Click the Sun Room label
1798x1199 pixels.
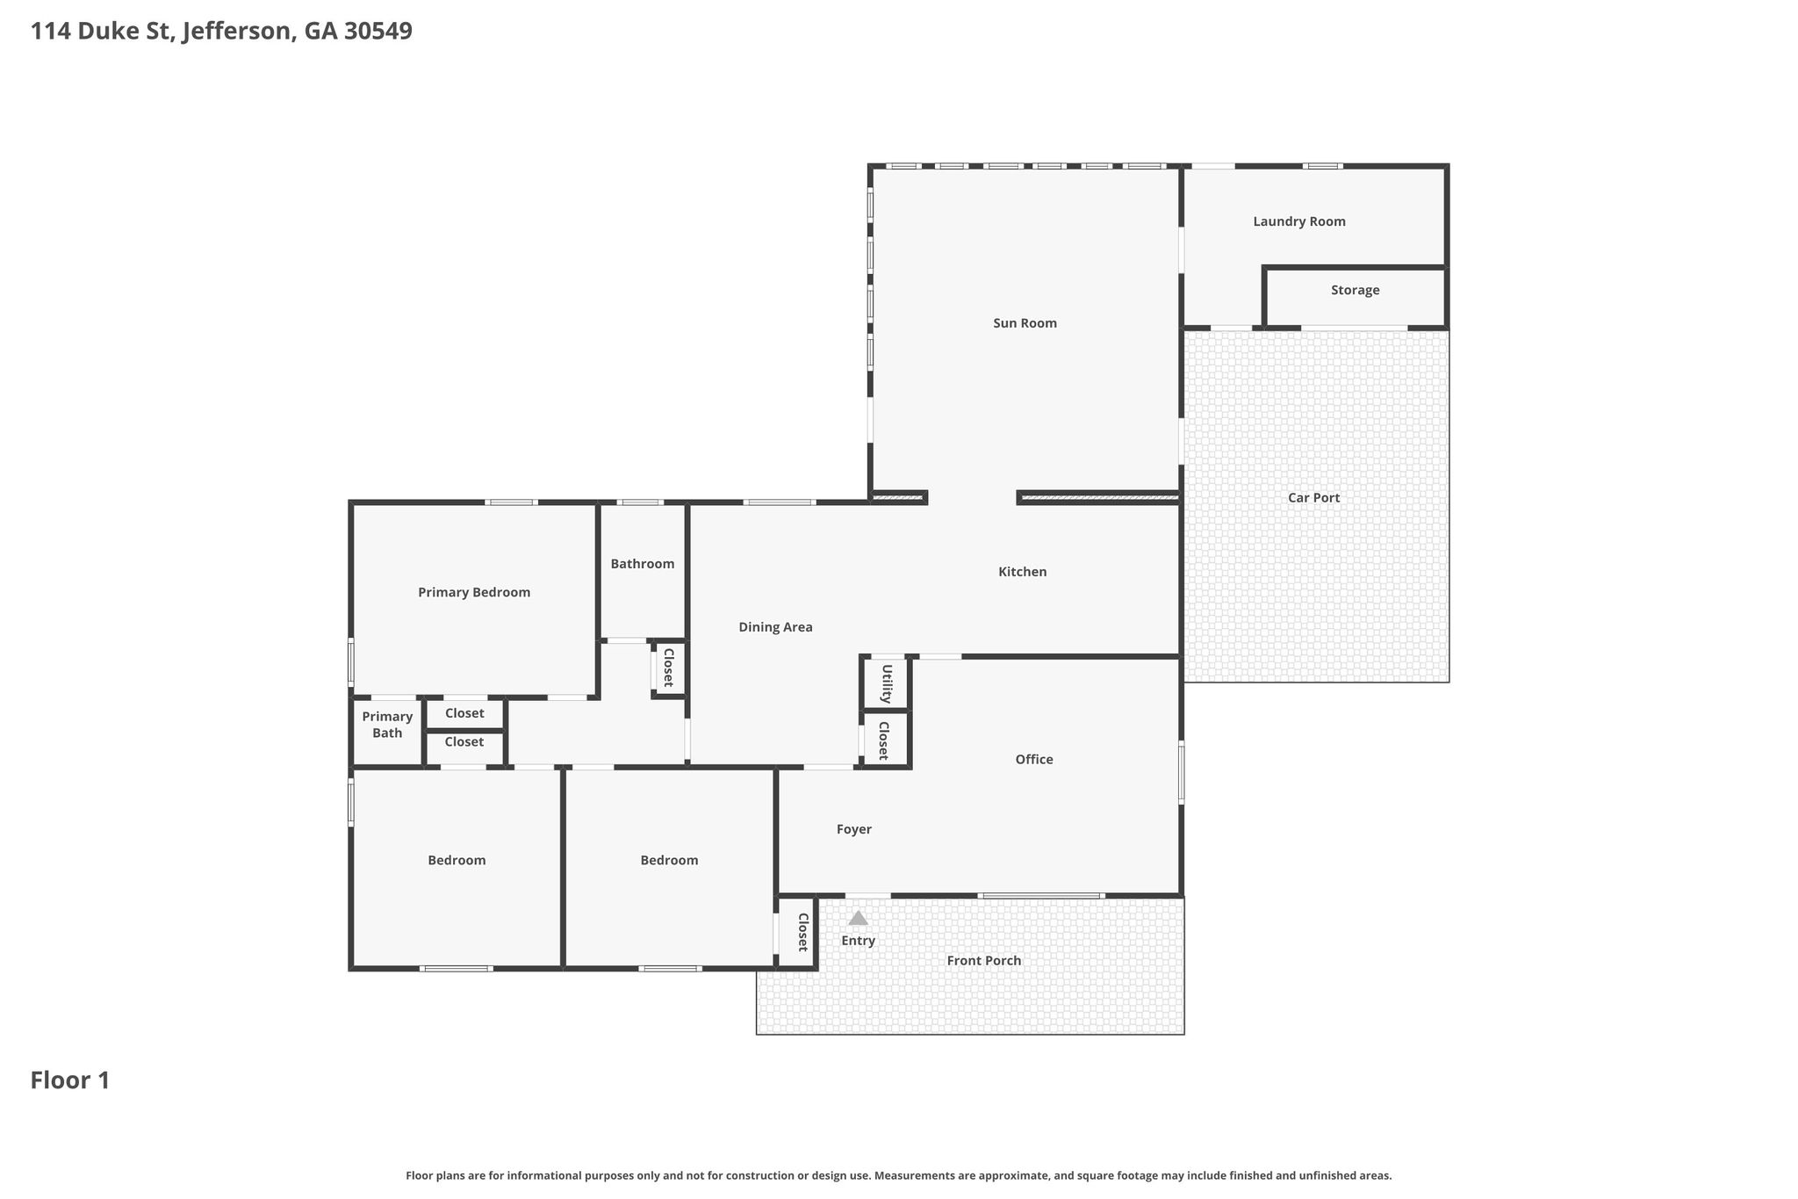pyautogui.click(x=1025, y=323)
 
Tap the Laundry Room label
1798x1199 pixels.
pyautogui.click(x=1299, y=221)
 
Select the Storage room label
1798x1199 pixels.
pyautogui.click(x=1355, y=290)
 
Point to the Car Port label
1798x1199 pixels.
pyautogui.click(x=1313, y=497)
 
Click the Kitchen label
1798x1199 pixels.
pyautogui.click(x=1023, y=572)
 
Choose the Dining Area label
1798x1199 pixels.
pyautogui.click(x=775, y=627)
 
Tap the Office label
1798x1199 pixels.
pyautogui.click(x=1034, y=760)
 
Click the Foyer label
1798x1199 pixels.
pyautogui.click(x=853, y=829)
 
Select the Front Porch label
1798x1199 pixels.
pyautogui.click(x=983, y=961)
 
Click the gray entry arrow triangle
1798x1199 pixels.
pyautogui.click(x=858, y=918)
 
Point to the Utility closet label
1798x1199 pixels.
pyautogui.click(x=887, y=683)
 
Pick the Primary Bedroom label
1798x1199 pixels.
pyautogui.click(x=474, y=593)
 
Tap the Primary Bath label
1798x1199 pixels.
pyautogui.click(x=387, y=725)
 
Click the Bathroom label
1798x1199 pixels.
pyautogui.click(x=643, y=564)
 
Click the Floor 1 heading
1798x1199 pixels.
pyautogui.click(x=70, y=1080)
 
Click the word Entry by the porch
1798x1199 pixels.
pyautogui.click(x=858, y=941)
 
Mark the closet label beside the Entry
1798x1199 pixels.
pyautogui.click(x=802, y=932)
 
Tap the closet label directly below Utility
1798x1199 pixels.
pyautogui.click(x=883, y=740)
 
